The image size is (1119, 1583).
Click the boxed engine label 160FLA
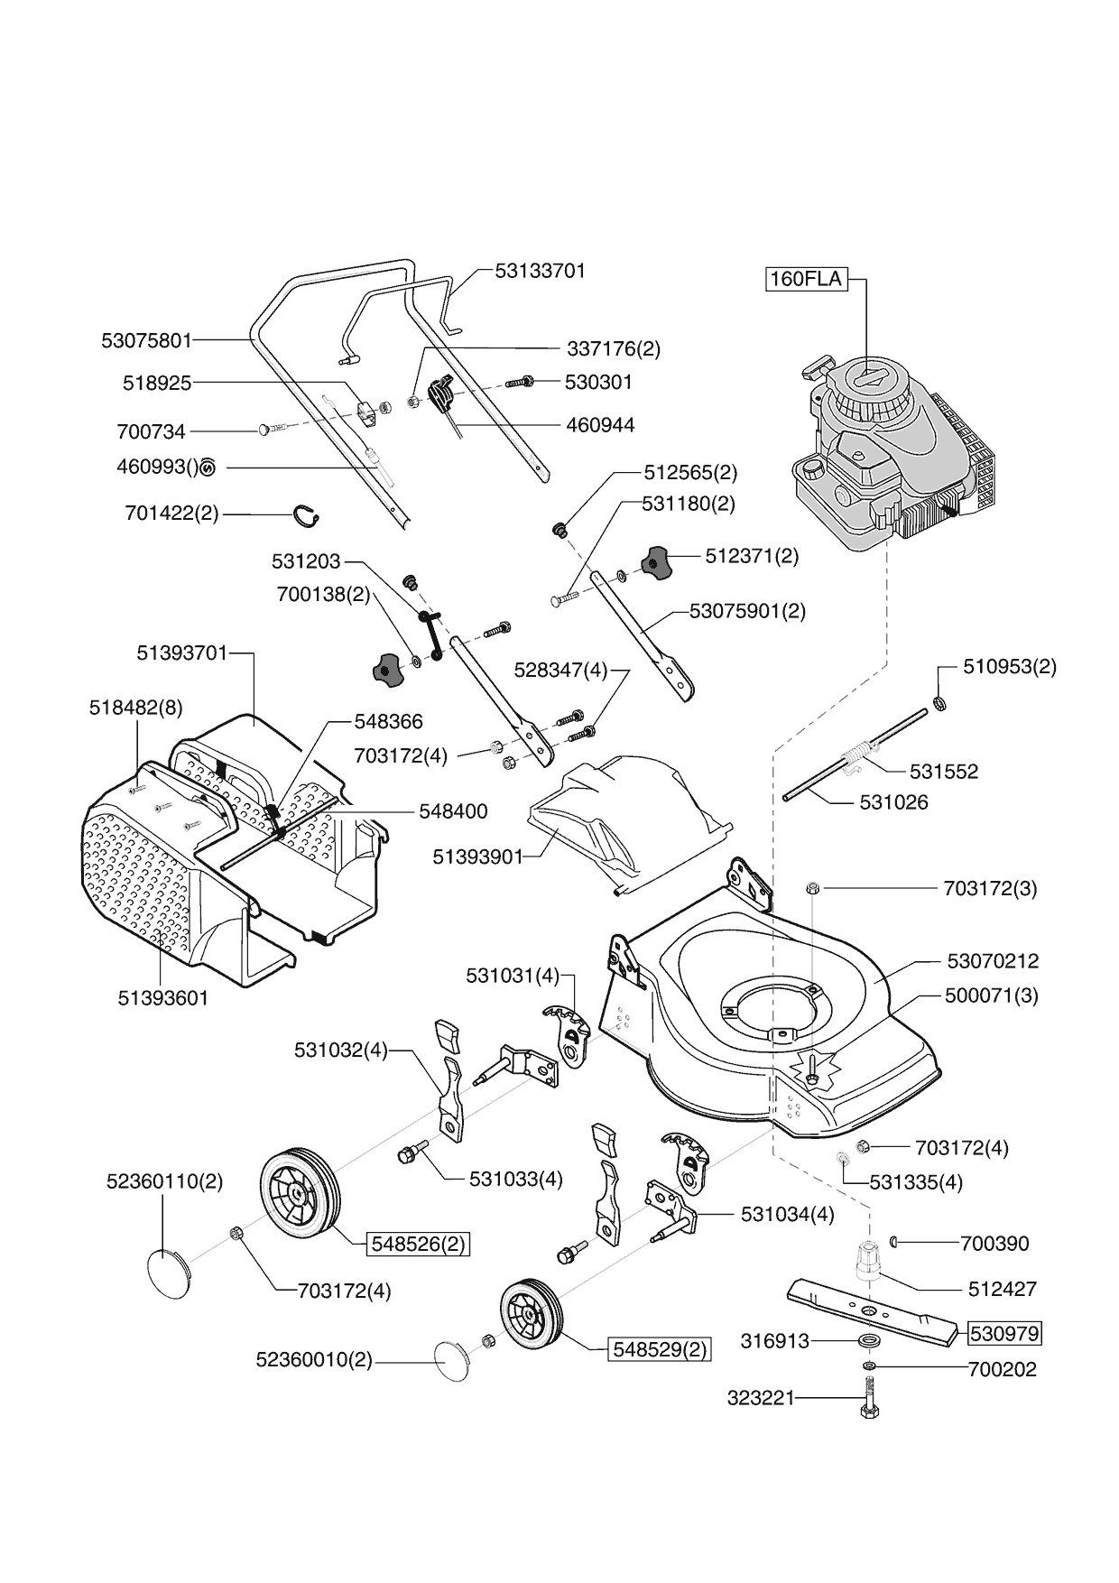coord(806,279)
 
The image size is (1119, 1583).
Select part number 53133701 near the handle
coord(541,271)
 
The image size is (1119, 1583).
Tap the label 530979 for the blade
coord(1004,1333)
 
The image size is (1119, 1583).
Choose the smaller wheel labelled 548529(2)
coord(531,1315)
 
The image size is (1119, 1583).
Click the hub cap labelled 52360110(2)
coord(169,1273)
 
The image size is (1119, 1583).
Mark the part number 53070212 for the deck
coord(993,961)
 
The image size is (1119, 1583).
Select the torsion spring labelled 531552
coord(860,754)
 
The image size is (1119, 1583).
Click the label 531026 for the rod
coord(893,802)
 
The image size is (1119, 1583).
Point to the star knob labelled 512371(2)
coord(656,562)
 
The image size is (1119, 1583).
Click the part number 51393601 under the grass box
coord(163,998)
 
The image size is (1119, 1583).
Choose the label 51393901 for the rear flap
coord(477,856)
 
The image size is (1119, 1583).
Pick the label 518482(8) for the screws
coord(135,708)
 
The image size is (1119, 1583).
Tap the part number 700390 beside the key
coord(994,1244)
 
